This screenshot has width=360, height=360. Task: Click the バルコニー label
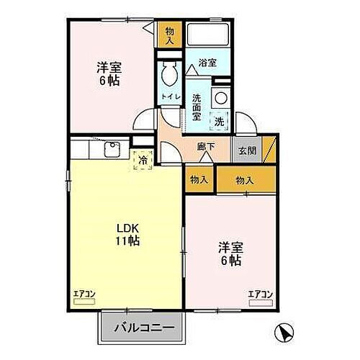[x=143, y=328]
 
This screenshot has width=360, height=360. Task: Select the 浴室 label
[x=207, y=63]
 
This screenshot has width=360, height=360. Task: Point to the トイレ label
[x=171, y=96]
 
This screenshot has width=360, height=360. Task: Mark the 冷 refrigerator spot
[x=143, y=161]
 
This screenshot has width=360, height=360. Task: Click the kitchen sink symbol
[x=113, y=150]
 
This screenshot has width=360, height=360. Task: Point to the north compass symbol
[x=285, y=332]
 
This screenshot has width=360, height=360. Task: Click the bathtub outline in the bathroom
[x=207, y=35]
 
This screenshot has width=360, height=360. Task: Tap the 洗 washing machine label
[x=220, y=122]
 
